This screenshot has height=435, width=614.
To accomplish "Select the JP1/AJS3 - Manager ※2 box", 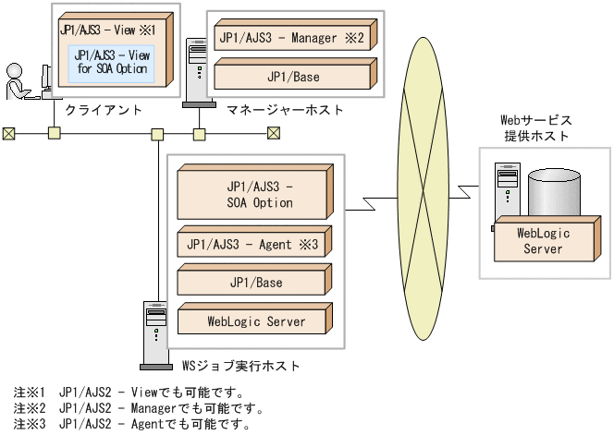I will [x=293, y=39].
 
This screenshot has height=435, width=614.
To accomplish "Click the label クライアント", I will [x=104, y=110].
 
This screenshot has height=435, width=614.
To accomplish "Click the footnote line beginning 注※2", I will [x=139, y=408].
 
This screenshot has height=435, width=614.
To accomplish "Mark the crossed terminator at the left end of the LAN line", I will [x=9, y=133].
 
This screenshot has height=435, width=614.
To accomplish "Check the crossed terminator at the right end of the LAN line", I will [x=274, y=133].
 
